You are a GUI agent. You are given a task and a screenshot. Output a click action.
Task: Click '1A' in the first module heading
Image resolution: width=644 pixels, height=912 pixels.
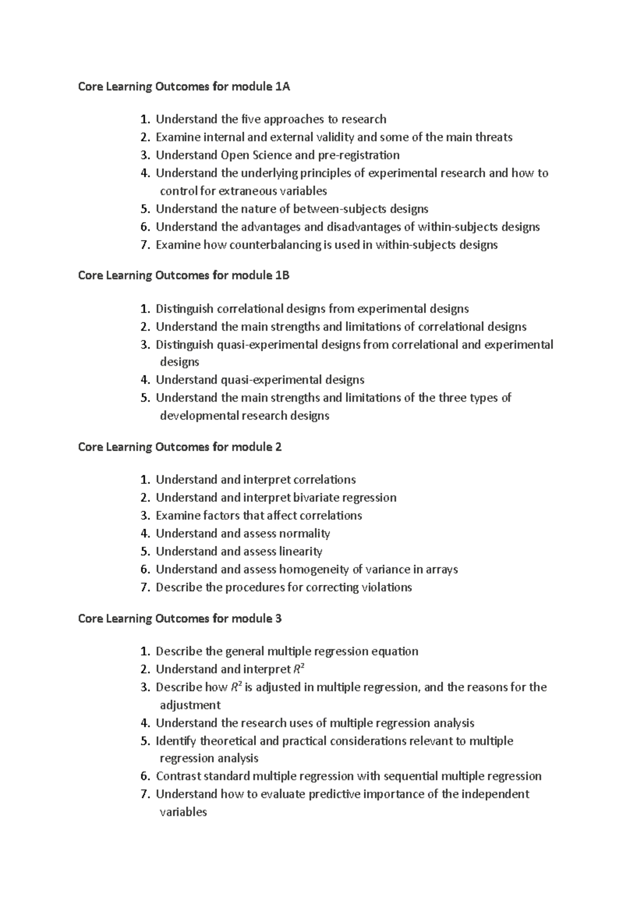click(x=282, y=86)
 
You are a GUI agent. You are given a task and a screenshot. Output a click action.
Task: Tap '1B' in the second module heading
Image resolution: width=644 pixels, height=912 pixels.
click(x=282, y=276)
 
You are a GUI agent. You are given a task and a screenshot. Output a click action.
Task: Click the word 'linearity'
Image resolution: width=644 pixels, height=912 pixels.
click(x=301, y=552)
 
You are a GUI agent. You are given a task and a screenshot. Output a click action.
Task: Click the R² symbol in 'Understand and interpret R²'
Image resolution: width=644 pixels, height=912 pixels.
click(x=299, y=669)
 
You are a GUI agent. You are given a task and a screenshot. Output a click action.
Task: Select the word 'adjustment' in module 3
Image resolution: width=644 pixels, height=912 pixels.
click(x=190, y=705)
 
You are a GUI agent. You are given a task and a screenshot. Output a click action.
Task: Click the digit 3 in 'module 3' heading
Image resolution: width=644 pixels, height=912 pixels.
click(x=278, y=619)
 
